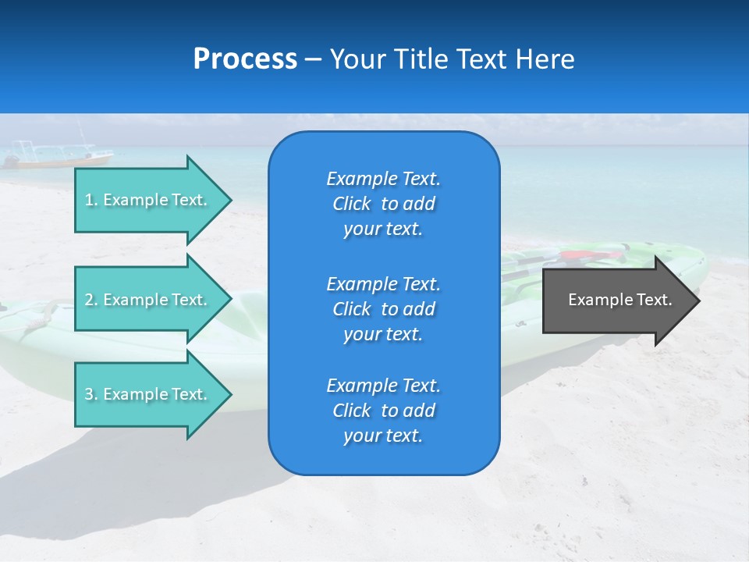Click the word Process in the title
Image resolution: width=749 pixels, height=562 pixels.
245,59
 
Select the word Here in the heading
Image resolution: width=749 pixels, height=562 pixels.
545,59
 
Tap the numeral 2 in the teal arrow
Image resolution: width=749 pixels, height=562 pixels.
89,300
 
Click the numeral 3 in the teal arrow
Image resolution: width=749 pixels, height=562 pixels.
89,394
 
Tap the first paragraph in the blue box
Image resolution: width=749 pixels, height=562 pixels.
383,204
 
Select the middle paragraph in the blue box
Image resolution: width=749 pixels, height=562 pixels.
383,309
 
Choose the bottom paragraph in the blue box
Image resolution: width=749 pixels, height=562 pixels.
383,411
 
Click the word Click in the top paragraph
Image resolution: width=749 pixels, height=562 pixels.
351,204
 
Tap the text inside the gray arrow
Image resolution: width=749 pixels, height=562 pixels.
619,300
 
